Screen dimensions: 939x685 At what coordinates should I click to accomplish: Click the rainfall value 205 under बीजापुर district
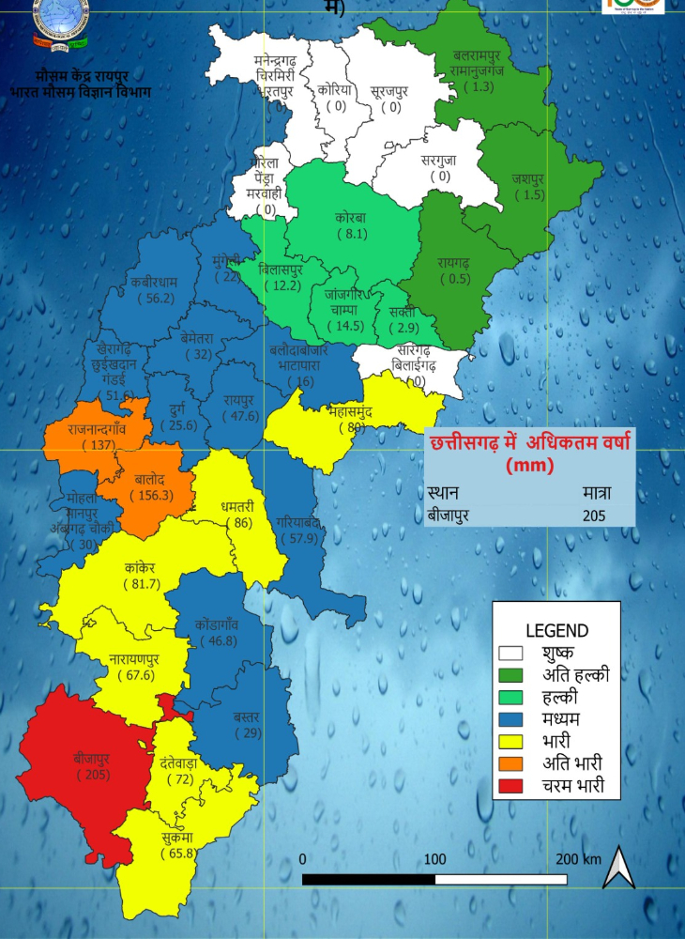[92, 775]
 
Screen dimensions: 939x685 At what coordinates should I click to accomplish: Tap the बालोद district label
[150, 479]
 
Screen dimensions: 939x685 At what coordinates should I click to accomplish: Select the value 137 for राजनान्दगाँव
[97, 444]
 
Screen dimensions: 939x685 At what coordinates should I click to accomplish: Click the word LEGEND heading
[556, 631]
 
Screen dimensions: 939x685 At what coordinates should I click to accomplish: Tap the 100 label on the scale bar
[434, 859]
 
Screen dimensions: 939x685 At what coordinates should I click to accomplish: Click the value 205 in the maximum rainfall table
[593, 515]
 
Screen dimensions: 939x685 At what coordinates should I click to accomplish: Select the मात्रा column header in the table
[596, 492]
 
